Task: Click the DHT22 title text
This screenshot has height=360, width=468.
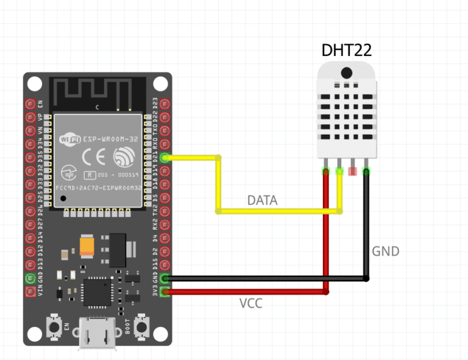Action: [x=346, y=51]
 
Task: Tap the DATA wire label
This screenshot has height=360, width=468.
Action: [x=262, y=200]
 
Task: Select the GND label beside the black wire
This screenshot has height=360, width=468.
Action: [x=386, y=251]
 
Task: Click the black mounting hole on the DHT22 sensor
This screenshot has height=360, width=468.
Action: [x=346, y=72]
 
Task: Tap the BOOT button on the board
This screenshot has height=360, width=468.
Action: [x=143, y=327]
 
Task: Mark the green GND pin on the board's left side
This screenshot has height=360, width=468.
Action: [x=29, y=278]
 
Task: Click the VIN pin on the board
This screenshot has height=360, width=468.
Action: [x=29, y=292]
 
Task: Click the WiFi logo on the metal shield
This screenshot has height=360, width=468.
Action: [x=69, y=139]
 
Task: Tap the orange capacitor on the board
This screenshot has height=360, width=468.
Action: [x=87, y=245]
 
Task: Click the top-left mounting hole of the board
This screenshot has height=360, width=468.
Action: [x=36, y=84]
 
